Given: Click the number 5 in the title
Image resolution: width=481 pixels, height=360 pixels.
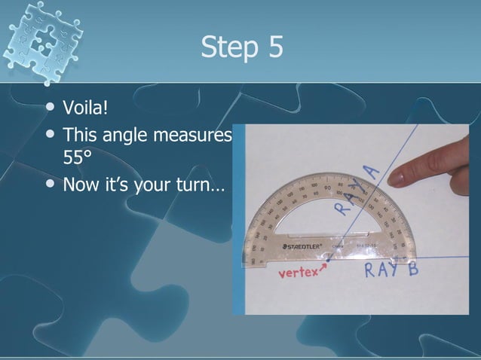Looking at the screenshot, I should coord(274,47).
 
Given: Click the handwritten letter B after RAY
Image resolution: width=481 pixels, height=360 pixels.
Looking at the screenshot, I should coord(412,269).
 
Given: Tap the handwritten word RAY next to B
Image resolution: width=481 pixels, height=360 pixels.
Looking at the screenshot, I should coord(382,270).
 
